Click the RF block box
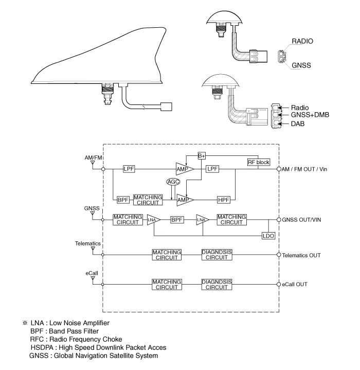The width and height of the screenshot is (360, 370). point(259,162)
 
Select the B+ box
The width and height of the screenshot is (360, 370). point(202,155)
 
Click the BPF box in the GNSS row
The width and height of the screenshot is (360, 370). point(177,220)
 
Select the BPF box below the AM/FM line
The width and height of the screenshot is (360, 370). point(122,199)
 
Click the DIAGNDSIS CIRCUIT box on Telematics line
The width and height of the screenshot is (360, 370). point(217,255)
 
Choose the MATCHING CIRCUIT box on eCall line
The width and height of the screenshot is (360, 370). point(167,284)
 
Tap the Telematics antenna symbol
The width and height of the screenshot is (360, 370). point(93,249)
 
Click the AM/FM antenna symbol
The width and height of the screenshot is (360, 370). point(93,163)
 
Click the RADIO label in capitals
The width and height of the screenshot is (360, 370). point(302,41)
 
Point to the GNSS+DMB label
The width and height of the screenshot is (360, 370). point(309,115)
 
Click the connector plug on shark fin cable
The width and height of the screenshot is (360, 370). point(166,107)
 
